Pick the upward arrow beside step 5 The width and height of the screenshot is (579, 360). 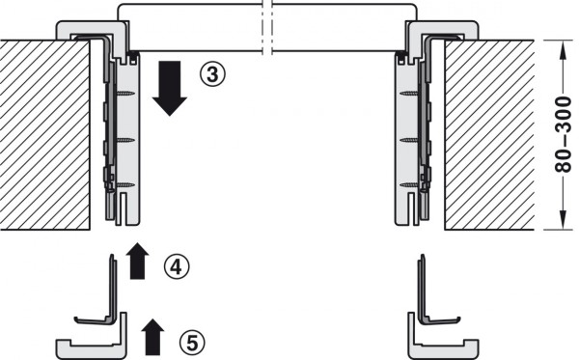(x=152, y=335)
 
